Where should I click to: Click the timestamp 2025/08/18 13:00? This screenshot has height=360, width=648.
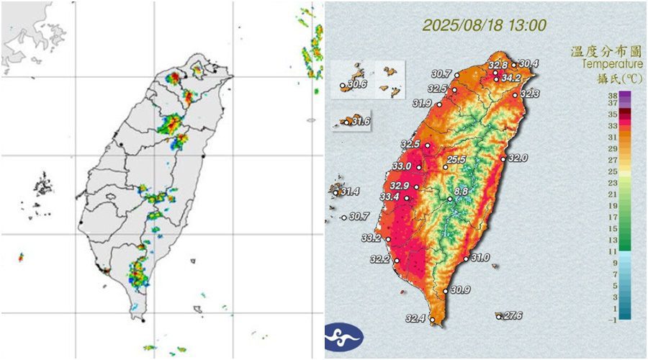484,25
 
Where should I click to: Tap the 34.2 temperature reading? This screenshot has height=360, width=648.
511,78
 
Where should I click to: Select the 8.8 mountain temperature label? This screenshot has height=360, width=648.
462,192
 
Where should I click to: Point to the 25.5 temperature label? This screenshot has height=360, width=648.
456,160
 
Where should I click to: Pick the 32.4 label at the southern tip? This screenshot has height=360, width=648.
415,318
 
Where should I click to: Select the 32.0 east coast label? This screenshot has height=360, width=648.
518,158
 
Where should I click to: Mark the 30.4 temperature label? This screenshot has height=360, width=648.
528,63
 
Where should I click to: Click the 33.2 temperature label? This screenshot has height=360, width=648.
372,238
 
